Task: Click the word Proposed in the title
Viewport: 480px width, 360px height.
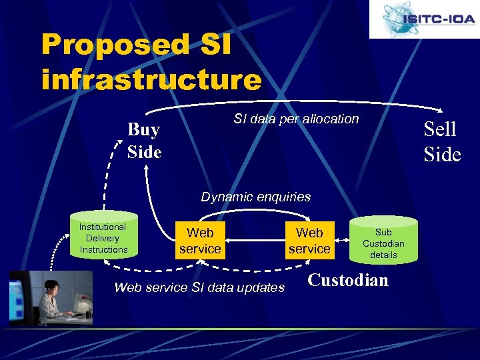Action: point(115,45)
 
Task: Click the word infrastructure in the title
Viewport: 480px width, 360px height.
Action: point(151,79)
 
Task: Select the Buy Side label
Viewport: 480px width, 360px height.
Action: point(144,141)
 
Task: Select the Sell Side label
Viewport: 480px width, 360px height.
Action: point(442,141)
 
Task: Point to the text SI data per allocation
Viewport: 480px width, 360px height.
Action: point(296,119)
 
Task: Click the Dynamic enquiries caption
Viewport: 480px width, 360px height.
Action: point(256,197)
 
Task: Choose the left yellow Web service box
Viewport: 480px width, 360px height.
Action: point(200,241)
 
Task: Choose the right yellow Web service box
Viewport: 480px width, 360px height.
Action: point(309,241)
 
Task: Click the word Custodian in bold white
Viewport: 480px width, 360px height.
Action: point(348,280)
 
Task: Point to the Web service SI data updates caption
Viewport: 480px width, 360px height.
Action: point(200,287)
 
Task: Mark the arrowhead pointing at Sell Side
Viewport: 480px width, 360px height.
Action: point(441,111)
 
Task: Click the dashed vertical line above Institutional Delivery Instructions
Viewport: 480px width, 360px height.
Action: point(104,190)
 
